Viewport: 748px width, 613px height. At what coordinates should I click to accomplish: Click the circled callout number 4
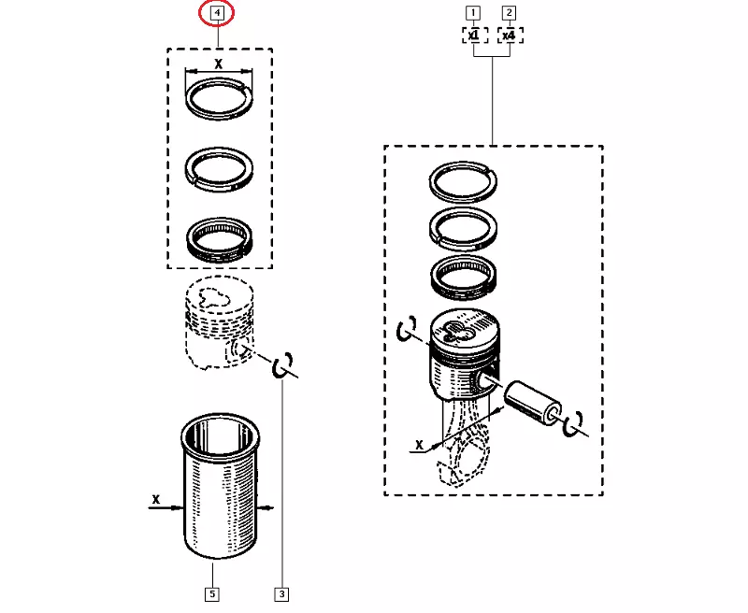coord(217,13)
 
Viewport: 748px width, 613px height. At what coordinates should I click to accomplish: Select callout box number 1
coord(473,13)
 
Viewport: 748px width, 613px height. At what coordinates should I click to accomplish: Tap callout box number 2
coord(509,13)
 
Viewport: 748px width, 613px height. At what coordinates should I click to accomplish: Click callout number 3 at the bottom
coord(282,594)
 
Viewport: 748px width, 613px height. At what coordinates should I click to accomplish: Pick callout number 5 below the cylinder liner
coord(212,594)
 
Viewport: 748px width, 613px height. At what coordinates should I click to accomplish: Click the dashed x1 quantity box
coord(475,36)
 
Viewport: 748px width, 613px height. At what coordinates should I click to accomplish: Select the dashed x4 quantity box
coord(510,36)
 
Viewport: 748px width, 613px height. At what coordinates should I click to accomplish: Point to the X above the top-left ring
coord(219,64)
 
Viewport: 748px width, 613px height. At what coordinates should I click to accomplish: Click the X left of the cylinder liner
coord(155,500)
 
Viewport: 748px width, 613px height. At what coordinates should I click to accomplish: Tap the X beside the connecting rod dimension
coord(419,445)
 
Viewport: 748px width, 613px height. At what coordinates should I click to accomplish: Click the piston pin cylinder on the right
coord(533,402)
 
